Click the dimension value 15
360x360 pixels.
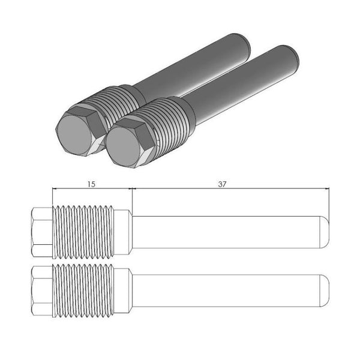click(91, 184)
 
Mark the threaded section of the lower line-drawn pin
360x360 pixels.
click(84, 290)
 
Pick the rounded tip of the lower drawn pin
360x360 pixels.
click(324, 290)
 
